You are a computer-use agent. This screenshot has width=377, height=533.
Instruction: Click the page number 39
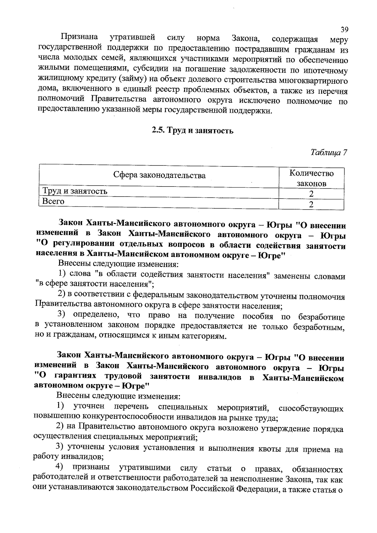tap(344, 30)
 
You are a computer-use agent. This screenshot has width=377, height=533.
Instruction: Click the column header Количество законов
tap(311, 178)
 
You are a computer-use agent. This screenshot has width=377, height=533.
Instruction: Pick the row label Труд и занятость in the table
tap(75, 191)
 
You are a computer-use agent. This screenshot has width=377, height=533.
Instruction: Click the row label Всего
tap(53, 201)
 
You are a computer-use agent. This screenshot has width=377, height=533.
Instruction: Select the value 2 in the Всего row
tap(311, 205)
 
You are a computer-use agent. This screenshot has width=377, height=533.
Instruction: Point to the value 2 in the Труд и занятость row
tap(311, 194)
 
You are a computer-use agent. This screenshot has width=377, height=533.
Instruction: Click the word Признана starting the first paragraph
tap(79, 37)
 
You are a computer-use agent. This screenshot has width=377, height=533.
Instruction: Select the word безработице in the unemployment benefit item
tap(321, 317)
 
